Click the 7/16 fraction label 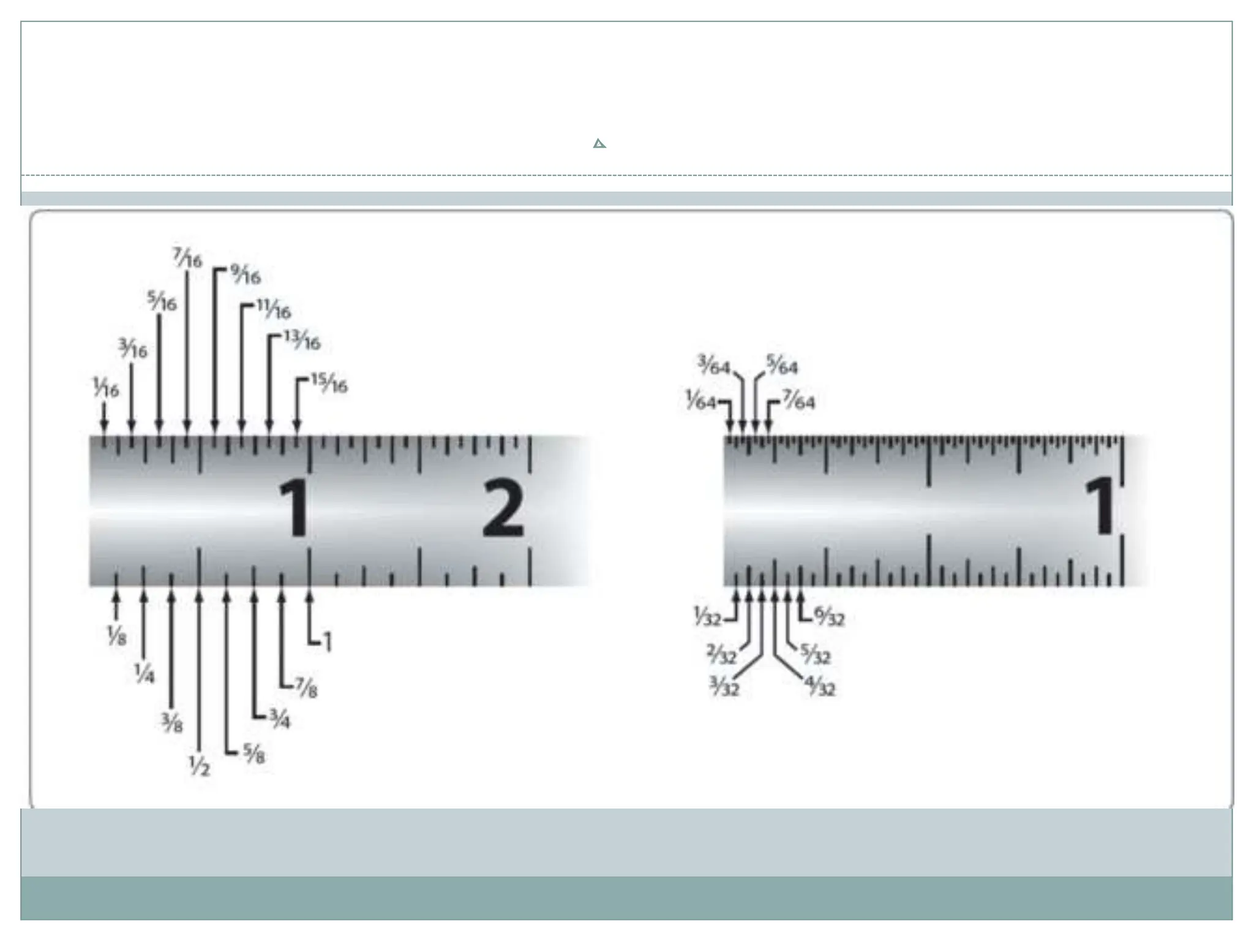[x=187, y=258]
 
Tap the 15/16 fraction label [x=329, y=383]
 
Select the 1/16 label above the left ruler [x=106, y=387]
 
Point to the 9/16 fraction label [x=246, y=274]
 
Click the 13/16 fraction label [x=302, y=340]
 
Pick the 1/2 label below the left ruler [x=199, y=766]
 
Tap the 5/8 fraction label [x=254, y=753]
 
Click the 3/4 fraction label [x=280, y=718]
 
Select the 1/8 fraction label [x=116, y=635]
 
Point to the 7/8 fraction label [x=306, y=687]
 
